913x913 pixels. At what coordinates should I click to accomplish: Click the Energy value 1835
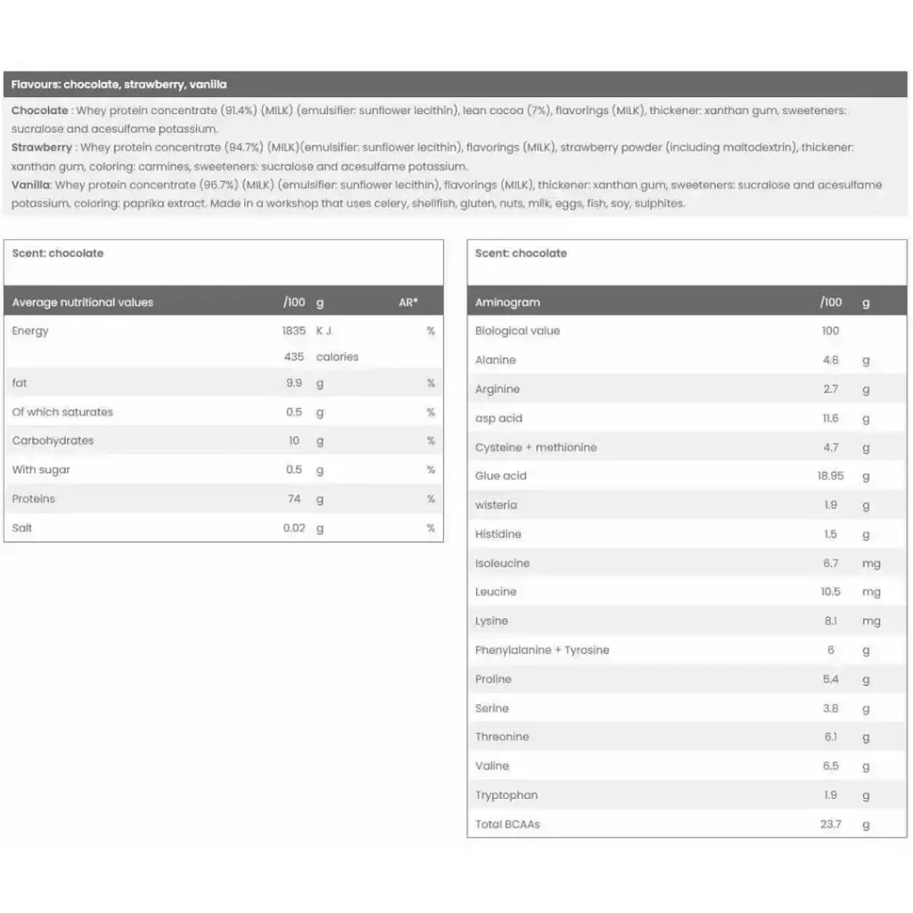pyautogui.click(x=293, y=331)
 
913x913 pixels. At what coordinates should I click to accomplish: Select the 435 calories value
pyautogui.click(x=293, y=357)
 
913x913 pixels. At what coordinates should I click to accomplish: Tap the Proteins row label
pyautogui.click(x=33, y=499)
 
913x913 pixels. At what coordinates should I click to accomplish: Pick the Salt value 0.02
pyautogui.click(x=293, y=528)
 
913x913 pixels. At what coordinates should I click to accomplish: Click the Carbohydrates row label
pyautogui.click(x=53, y=440)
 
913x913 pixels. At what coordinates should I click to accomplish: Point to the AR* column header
pyautogui.click(x=408, y=302)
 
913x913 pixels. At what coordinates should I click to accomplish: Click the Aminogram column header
pyautogui.click(x=507, y=302)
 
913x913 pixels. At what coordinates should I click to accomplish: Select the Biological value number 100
pyautogui.click(x=830, y=331)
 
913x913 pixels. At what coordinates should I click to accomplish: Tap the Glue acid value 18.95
pyautogui.click(x=830, y=476)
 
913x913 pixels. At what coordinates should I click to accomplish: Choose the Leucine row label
pyautogui.click(x=496, y=592)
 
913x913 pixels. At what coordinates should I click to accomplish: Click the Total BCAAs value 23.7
pyautogui.click(x=830, y=825)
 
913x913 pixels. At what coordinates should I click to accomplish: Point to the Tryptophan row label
pyautogui.click(x=506, y=795)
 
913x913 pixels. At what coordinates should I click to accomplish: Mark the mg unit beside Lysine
pyautogui.click(x=871, y=621)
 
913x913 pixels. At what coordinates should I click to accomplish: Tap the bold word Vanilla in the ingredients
pyautogui.click(x=31, y=185)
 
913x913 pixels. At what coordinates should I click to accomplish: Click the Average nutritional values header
pyautogui.click(x=82, y=302)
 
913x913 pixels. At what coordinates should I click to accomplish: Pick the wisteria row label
pyautogui.click(x=496, y=506)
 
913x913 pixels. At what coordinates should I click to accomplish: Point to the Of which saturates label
pyautogui.click(x=62, y=412)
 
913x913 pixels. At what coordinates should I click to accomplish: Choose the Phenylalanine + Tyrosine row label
pyautogui.click(x=542, y=650)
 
